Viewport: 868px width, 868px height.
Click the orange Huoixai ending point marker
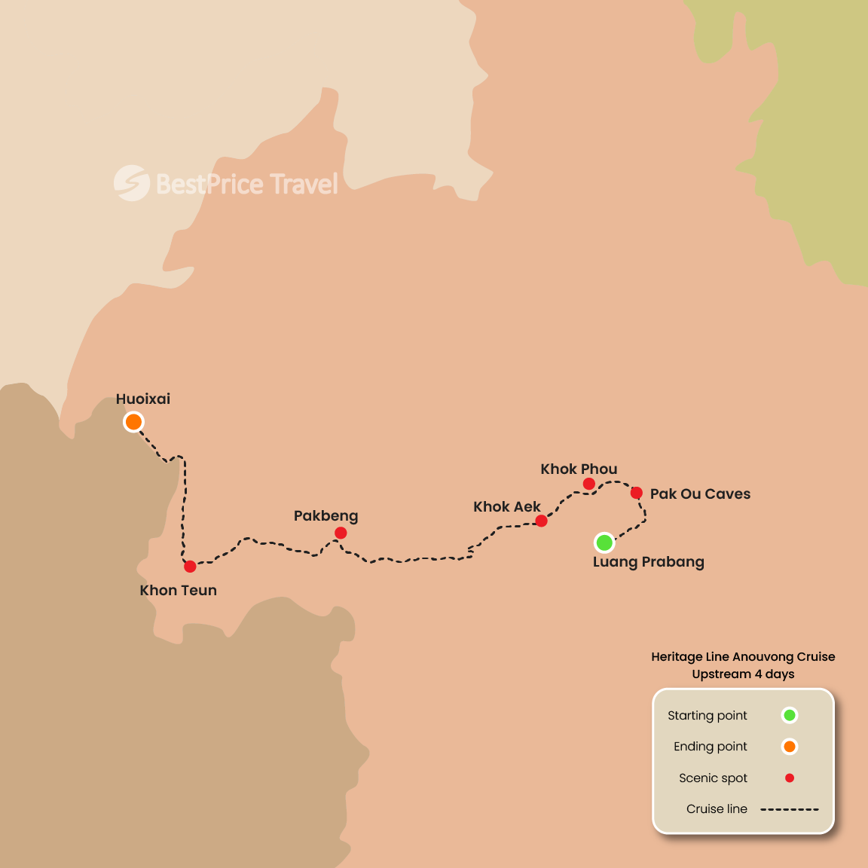click(x=133, y=422)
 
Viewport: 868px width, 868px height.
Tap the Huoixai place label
click(x=143, y=399)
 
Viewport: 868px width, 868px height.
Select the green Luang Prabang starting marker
click(x=604, y=542)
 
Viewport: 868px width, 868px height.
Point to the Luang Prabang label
click(x=648, y=562)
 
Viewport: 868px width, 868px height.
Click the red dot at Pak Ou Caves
click(x=636, y=493)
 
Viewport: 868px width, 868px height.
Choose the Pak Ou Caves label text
click(x=700, y=494)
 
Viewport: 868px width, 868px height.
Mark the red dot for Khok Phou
click(x=589, y=484)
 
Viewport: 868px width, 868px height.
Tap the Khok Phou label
click(x=579, y=469)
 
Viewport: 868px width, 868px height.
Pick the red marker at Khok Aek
click(x=541, y=521)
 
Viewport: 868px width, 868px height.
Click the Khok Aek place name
click(x=506, y=507)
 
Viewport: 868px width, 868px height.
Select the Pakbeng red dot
click(x=341, y=533)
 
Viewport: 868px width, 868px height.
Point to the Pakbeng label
click(x=325, y=516)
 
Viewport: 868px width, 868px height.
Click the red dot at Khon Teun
click(x=190, y=566)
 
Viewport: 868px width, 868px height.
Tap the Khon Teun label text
click(x=179, y=591)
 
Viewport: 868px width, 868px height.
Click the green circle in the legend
click(x=790, y=715)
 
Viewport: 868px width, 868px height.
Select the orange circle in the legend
click(x=790, y=747)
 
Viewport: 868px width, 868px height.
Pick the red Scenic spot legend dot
click(x=790, y=778)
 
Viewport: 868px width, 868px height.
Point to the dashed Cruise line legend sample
click(x=789, y=809)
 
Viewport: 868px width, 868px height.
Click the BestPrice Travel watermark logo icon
click(x=132, y=183)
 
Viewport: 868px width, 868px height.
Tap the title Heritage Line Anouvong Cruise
click(x=743, y=657)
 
